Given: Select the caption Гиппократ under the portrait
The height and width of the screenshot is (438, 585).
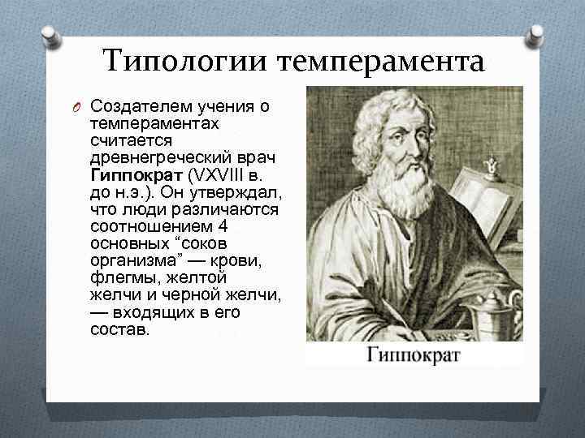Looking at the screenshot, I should pos(414,354).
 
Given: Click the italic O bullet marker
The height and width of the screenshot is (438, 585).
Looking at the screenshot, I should pos(77,107).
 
